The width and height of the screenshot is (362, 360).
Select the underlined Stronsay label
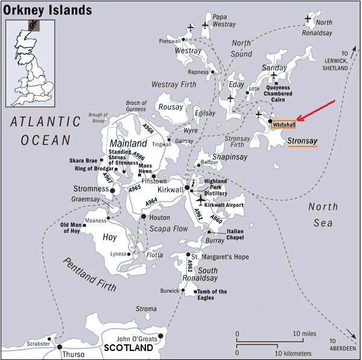tap(302, 141)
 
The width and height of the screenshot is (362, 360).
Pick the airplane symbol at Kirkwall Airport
tap(199, 200)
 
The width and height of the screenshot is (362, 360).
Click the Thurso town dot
tap(59, 347)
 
